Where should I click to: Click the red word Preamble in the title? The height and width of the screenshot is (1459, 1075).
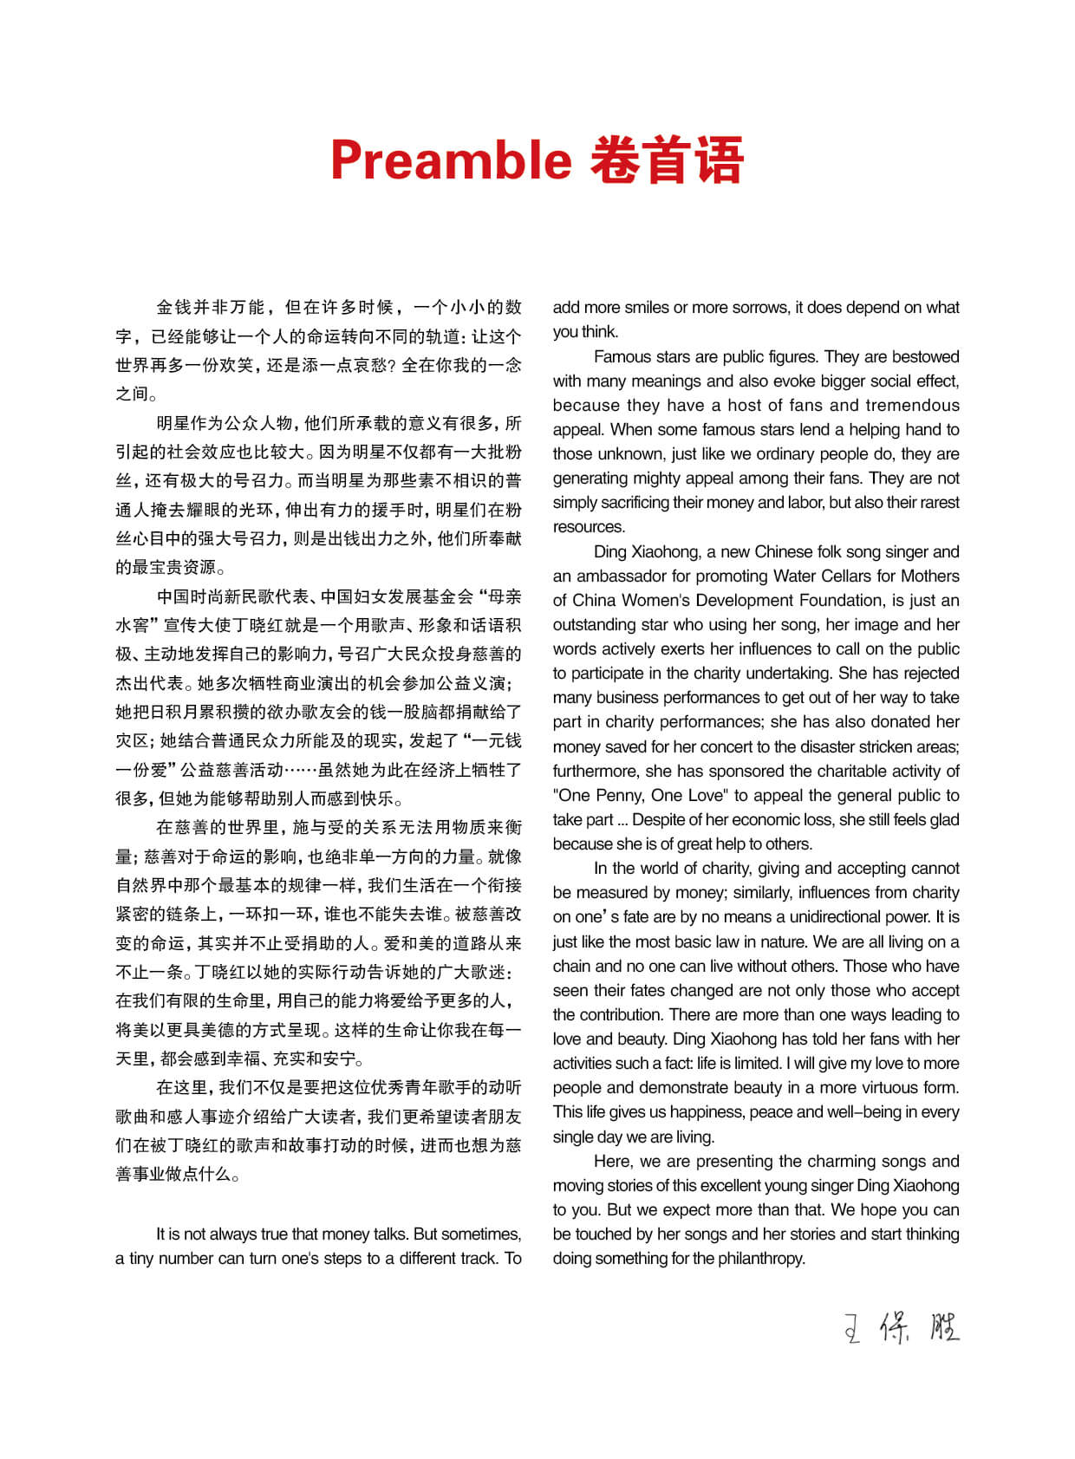pyautogui.click(x=451, y=161)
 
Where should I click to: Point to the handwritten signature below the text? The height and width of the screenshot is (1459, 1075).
pyautogui.click(x=902, y=1327)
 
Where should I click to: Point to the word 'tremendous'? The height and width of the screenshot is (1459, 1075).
pyautogui.click(x=912, y=405)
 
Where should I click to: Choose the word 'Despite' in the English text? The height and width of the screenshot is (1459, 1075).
pyautogui.click(x=657, y=819)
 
